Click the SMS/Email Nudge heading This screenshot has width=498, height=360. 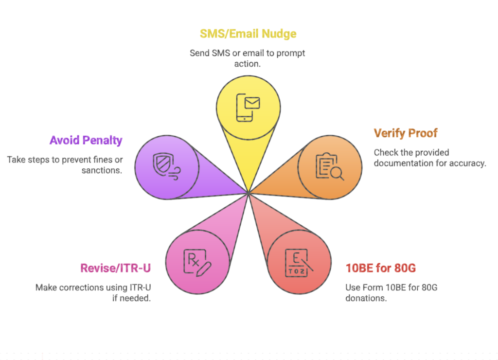248,34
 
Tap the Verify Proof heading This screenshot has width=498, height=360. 406,133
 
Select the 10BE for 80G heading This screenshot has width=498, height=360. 380,268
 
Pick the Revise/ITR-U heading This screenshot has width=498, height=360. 115,268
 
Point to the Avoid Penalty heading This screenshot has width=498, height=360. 86,141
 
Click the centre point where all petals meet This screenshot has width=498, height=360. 249,193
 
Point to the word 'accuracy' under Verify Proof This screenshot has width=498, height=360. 466,163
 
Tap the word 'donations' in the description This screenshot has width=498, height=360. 366,298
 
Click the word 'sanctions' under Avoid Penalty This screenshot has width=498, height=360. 102,170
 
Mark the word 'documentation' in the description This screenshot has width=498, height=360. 402,163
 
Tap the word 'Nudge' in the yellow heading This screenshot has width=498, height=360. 280,34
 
